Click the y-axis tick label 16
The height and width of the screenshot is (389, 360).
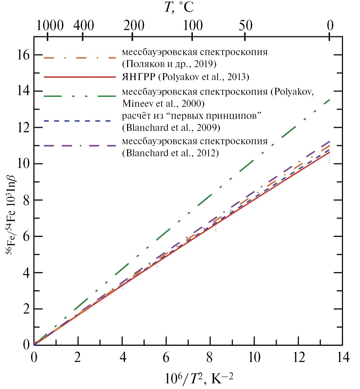pyautogui.click(x=23, y=55)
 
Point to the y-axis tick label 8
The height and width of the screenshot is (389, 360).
pyautogui.click(x=26, y=200)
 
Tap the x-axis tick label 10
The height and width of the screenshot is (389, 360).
pyautogui.click(x=254, y=357)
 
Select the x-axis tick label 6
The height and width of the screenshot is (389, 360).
pyautogui.click(x=166, y=357)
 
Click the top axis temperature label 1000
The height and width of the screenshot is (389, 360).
pyautogui.click(x=50, y=25)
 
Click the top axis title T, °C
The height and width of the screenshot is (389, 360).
pyautogui.click(x=179, y=7)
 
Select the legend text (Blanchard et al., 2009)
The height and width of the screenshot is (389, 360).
pyautogui.click(x=171, y=128)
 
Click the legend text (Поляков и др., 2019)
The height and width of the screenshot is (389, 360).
pyautogui.click(x=169, y=64)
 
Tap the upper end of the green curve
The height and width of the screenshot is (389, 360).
pyautogui.click(x=330, y=100)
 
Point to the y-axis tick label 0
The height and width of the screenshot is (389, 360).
pyautogui.click(x=26, y=345)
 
